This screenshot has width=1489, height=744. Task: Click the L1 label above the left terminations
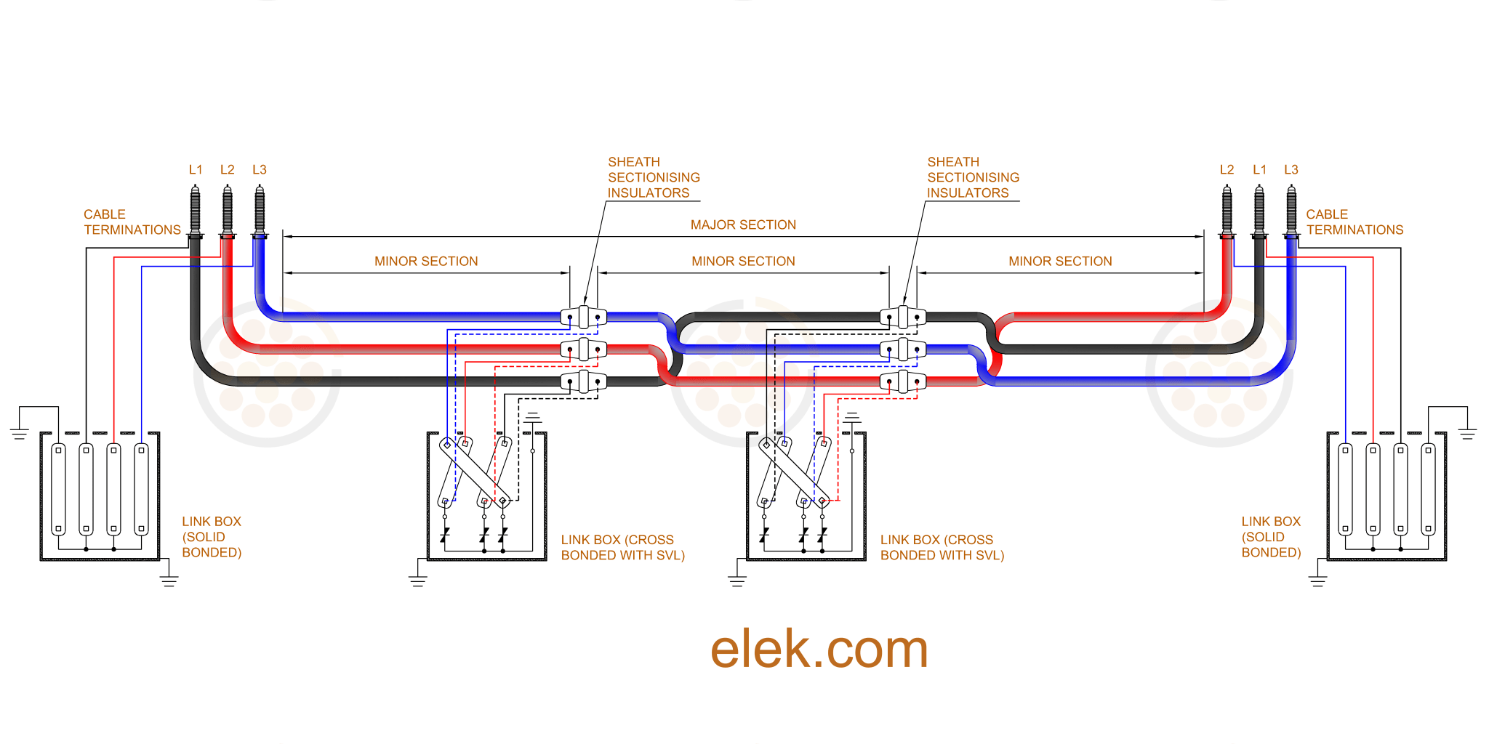196,169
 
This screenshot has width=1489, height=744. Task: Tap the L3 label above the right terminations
1291,169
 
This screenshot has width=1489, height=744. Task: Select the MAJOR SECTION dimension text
743,225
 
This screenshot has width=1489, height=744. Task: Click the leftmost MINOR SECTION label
426,261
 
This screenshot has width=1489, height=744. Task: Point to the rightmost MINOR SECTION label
1060,261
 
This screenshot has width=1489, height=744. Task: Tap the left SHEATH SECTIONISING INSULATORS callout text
653,177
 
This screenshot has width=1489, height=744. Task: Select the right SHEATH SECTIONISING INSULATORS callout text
972,177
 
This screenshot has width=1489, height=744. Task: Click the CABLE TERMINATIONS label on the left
132,222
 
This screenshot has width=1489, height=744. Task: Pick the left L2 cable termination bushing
227,211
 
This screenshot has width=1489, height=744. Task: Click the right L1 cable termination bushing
1259,211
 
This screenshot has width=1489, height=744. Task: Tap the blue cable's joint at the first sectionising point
583,317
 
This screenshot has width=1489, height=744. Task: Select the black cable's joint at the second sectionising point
902,317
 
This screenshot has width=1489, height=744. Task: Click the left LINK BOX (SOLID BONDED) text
211,537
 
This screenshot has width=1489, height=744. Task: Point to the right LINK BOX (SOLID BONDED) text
1270,537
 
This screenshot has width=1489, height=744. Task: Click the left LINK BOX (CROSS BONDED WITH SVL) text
622,547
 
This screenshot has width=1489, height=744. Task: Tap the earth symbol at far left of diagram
20,434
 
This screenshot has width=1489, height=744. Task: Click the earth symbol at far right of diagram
1467,434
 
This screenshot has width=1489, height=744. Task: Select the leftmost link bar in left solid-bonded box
59,489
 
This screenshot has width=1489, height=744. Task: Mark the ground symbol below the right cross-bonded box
737,581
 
